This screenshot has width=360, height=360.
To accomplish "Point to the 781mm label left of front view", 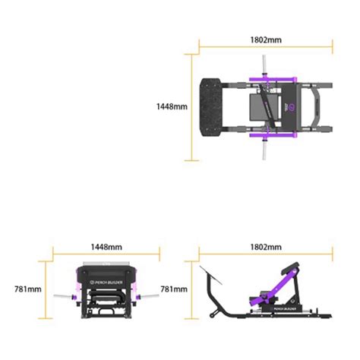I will click(x=27, y=289).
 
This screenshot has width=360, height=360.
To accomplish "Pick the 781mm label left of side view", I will click(x=172, y=289).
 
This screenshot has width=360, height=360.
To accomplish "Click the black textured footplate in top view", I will click(x=210, y=108).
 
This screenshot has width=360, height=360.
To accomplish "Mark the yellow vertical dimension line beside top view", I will click(x=192, y=107).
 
